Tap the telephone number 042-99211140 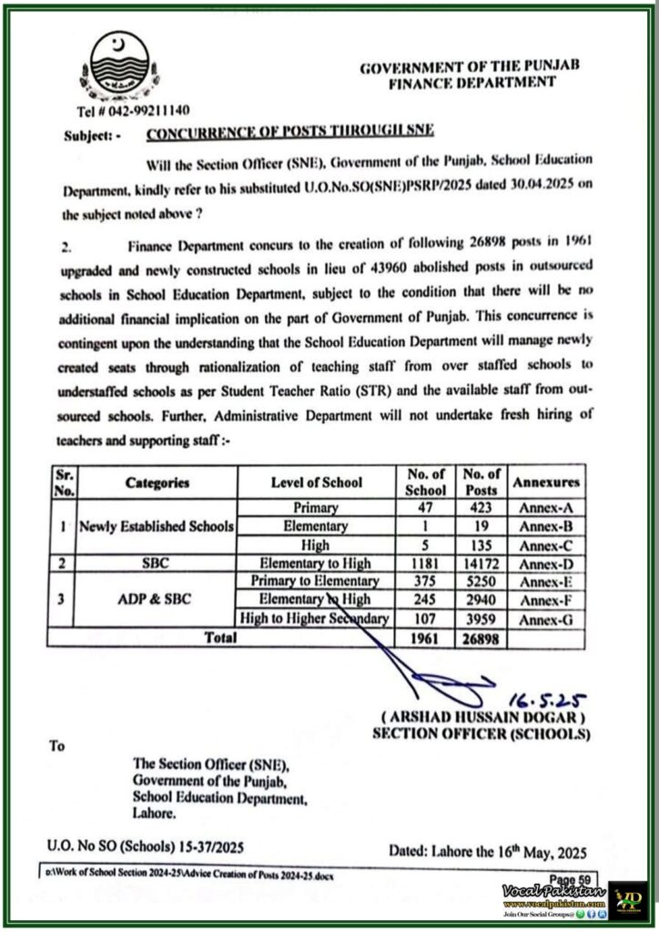click(133, 110)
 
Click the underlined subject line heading click(290, 133)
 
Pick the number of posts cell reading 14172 click(482, 563)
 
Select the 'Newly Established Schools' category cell click(157, 526)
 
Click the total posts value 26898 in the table click(482, 638)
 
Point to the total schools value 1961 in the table click(424, 638)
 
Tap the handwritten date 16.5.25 click(546, 698)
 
